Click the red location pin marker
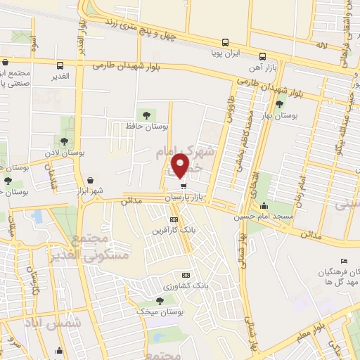coord(181,166)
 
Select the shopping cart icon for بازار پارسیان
coord(184,187)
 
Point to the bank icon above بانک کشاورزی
coord(186,275)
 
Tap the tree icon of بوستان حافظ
coord(146,114)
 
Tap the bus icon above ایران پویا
coord(225,41)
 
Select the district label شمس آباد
coord(63,323)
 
